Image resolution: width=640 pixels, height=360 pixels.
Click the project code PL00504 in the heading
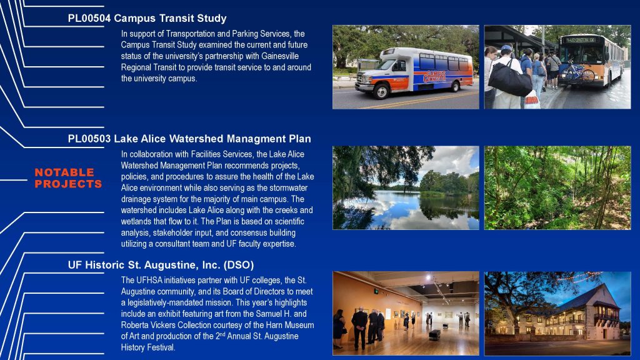(89, 18)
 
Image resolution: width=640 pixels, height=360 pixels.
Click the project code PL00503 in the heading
(89, 139)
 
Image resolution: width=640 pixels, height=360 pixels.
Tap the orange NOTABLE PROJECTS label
(68, 178)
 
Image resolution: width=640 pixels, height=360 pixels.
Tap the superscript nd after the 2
(222, 334)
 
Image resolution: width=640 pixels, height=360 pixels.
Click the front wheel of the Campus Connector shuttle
(381, 91)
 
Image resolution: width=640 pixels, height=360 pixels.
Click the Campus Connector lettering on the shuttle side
(434, 76)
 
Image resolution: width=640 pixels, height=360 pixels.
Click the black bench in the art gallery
(434, 334)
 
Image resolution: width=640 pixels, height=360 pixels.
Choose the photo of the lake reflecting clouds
(406, 187)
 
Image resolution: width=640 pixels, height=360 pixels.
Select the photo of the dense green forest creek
(557, 187)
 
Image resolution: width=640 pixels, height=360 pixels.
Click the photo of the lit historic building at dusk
(557, 314)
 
